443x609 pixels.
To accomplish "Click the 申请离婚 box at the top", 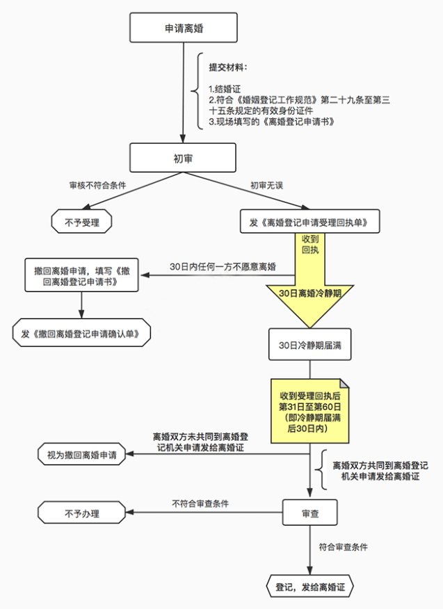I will click(184, 29).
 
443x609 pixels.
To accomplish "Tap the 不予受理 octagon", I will click(82, 222).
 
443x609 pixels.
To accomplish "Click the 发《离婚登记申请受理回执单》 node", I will click(309, 222).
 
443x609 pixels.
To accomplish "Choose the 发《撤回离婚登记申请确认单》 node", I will click(82, 333).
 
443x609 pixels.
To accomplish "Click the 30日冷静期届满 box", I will click(309, 345).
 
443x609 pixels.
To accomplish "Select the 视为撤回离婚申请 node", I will click(82, 455).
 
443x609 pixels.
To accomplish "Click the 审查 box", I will click(309, 513).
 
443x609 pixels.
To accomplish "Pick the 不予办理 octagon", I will click(82, 514).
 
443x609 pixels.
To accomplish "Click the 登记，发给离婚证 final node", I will click(309, 586).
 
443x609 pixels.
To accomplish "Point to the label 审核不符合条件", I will click(97, 186).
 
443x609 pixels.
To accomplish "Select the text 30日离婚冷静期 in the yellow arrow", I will click(309, 293).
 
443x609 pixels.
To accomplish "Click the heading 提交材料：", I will click(229, 67).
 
